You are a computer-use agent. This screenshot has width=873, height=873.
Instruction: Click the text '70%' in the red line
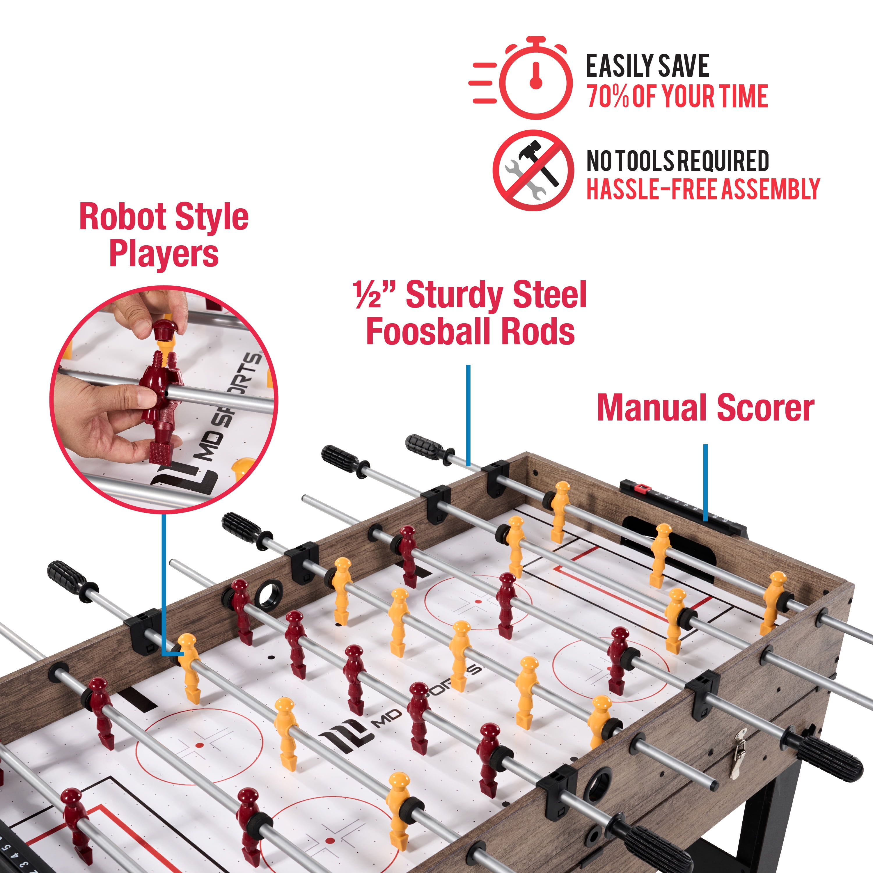(x=608, y=97)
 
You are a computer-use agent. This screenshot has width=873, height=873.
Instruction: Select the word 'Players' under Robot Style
(x=164, y=254)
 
